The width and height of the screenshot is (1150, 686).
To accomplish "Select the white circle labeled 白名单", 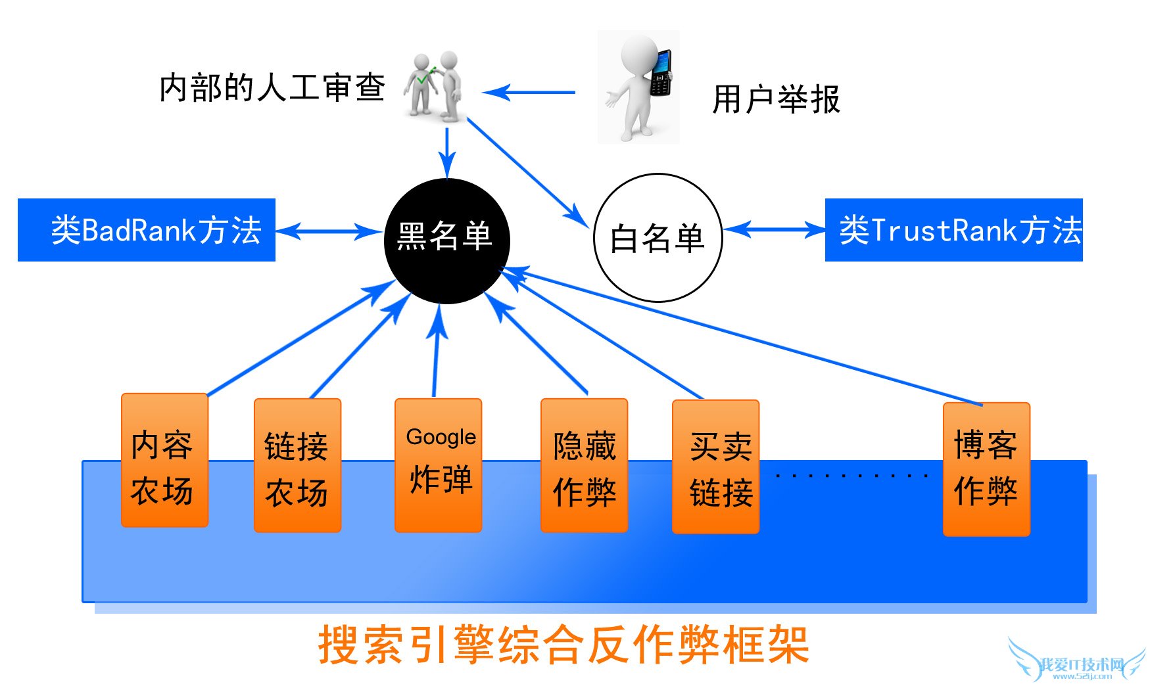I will click(x=658, y=238).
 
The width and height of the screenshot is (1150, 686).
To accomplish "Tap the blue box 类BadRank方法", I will click(x=147, y=230).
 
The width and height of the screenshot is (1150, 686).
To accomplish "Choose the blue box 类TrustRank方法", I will click(x=953, y=230).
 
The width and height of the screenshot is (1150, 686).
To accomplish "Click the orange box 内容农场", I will click(x=164, y=461).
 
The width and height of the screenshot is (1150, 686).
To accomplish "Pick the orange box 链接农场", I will click(x=297, y=465).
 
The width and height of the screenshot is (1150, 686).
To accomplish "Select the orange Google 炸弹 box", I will click(x=439, y=465).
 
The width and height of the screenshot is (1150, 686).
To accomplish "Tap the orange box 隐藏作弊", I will click(x=584, y=465).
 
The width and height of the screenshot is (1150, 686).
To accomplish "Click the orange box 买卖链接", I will click(x=715, y=467).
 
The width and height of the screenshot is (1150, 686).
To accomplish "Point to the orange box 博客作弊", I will click(x=986, y=469).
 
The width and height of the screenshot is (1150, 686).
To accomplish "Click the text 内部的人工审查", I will click(x=272, y=87).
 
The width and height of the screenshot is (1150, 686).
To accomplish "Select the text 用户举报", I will click(x=776, y=100).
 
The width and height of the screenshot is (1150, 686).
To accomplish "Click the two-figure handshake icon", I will click(x=435, y=85).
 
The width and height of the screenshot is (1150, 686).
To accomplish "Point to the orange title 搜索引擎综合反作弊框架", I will click(x=563, y=645).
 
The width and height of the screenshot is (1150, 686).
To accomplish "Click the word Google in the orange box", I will click(x=441, y=437).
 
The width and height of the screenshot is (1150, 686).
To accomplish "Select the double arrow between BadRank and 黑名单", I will click(x=328, y=231).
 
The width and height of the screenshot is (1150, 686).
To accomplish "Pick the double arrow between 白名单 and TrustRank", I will click(x=774, y=229).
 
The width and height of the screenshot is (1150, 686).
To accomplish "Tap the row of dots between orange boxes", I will click(x=851, y=475).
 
